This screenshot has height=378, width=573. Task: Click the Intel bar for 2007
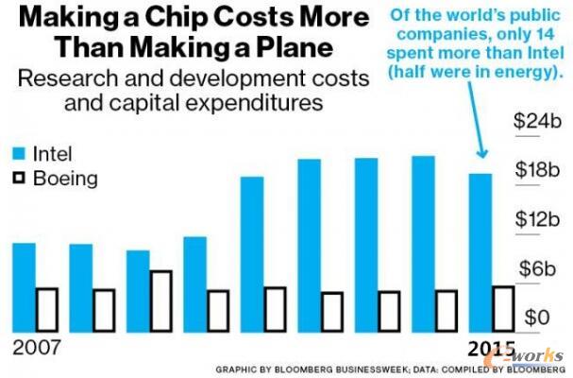coord(25,287)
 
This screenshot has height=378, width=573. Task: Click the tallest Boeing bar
coord(160,301)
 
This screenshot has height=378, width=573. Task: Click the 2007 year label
coord(36,347)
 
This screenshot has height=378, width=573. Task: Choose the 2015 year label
coord(492,347)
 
